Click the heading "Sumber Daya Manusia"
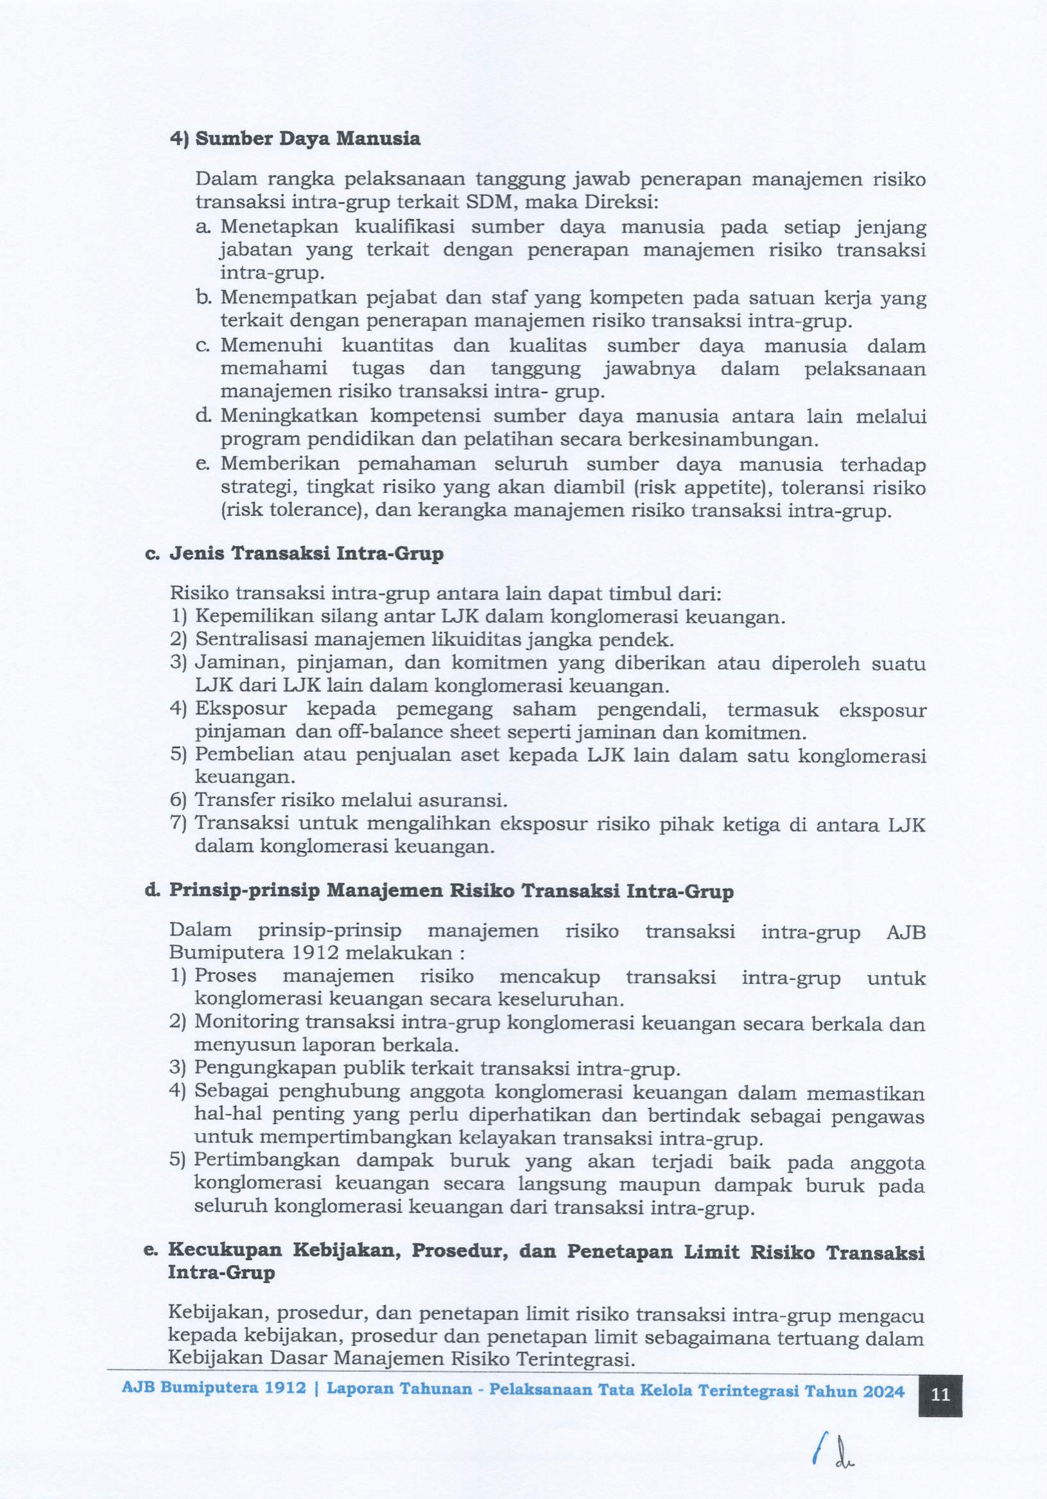pyautogui.click(x=307, y=139)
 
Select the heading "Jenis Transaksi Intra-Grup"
pyautogui.click(x=306, y=554)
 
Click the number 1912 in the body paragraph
pyautogui.click(x=315, y=952)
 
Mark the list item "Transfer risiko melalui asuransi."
pyautogui.click(x=351, y=800)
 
